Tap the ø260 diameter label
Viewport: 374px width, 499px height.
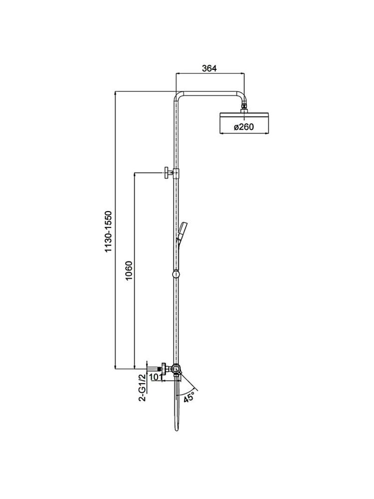click(x=244, y=127)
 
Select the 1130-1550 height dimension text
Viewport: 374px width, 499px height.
click(x=109, y=232)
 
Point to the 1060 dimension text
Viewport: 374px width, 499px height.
click(x=129, y=271)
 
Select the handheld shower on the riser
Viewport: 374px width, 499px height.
click(x=183, y=233)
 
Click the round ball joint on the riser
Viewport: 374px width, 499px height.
click(x=176, y=274)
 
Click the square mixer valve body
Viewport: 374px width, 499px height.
click(x=176, y=369)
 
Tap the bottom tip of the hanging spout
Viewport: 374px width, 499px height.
click(x=177, y=431)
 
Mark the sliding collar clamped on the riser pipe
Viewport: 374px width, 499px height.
click(x=176, y=173)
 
